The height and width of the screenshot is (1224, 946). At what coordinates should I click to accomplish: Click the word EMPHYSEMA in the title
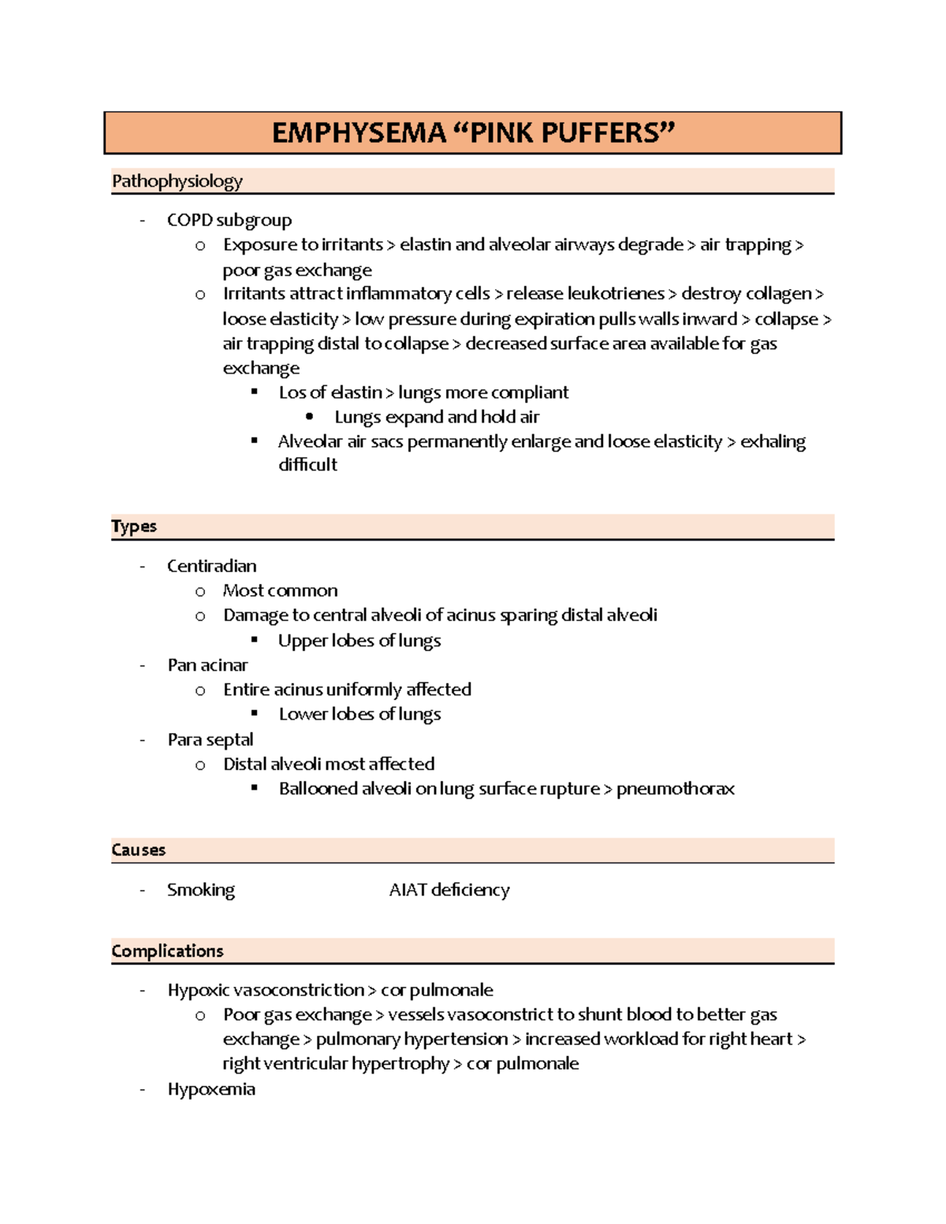[359, 132]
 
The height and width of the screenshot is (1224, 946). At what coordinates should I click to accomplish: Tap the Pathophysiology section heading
[177, 181]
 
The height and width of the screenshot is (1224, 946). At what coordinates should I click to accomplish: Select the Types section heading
[134, 526]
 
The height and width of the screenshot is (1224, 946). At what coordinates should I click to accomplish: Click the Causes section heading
[139, 850]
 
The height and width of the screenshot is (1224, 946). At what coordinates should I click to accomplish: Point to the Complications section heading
[167, 951]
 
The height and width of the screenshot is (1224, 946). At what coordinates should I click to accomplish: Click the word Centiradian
[211, 566]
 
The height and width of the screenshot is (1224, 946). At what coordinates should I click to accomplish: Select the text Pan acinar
[207, 665]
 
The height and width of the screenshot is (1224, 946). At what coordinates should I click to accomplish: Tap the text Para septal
[210, 739]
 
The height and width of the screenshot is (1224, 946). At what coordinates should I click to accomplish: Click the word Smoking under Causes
[201, 890]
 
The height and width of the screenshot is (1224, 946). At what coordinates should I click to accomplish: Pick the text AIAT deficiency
[449, 890]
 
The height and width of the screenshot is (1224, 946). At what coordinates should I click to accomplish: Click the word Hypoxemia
[211, 1089]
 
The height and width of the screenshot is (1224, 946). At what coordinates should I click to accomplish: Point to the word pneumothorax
[676, 789]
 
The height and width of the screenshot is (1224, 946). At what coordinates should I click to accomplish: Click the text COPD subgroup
[229, 220]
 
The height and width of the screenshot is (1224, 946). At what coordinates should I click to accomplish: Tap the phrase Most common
[280, 590]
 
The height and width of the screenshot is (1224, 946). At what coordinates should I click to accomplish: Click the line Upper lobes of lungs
[359, 641]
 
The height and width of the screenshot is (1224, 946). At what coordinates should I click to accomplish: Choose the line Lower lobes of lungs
[359, 714]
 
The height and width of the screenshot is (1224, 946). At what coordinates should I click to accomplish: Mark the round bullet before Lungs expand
[310, 417]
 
